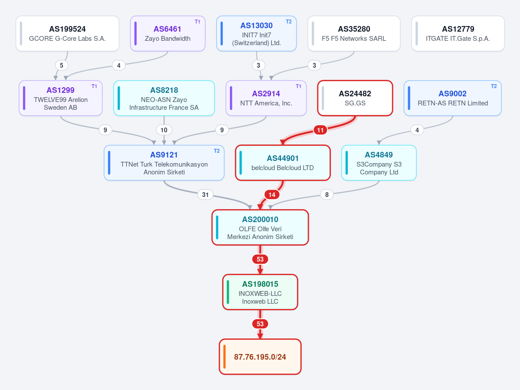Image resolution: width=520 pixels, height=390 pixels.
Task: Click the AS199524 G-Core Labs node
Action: point(67,33)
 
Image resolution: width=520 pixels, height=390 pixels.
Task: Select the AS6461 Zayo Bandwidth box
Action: point(168,33)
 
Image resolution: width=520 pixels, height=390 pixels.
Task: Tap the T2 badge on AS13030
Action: point(288,22)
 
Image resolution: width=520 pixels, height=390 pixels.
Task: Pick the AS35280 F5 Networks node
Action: point(354,33)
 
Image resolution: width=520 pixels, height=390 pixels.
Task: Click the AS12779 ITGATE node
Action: point(458,33)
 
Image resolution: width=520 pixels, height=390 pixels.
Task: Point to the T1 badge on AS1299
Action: point(94,86)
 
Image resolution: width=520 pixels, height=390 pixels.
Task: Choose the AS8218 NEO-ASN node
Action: point(164,98)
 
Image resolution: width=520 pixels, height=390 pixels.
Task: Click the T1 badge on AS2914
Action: point(298,86)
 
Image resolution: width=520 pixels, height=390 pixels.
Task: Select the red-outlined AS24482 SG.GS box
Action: point(355,98)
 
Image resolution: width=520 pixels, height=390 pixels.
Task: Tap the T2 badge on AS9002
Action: point(494,86)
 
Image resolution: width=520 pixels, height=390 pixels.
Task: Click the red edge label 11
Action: point(321,130)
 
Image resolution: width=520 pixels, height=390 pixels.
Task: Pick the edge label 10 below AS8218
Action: point(164,130)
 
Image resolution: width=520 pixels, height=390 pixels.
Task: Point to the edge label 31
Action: point(205,195)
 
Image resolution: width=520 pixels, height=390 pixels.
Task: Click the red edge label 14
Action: point(272,195)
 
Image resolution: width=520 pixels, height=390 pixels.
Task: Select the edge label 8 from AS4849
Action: point(327,195)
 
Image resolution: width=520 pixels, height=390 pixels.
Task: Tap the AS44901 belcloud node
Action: point(283,163)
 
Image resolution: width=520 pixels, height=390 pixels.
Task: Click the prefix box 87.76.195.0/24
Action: point(260,357)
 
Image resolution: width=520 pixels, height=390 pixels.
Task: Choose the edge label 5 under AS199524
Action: point(61,66)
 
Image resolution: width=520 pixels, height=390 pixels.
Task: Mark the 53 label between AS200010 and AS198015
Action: point(260,259)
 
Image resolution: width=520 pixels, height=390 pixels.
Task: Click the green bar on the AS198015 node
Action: point(228,292)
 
